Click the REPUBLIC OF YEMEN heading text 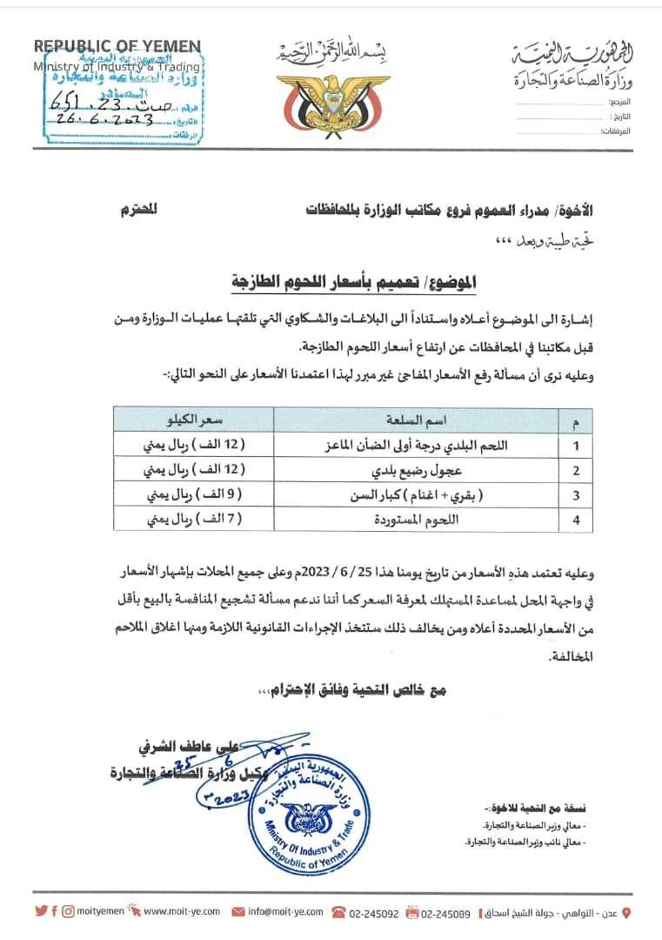(x=117, y=47)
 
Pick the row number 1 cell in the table (x=574, y=445)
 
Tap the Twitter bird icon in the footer (x=41, y=912)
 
